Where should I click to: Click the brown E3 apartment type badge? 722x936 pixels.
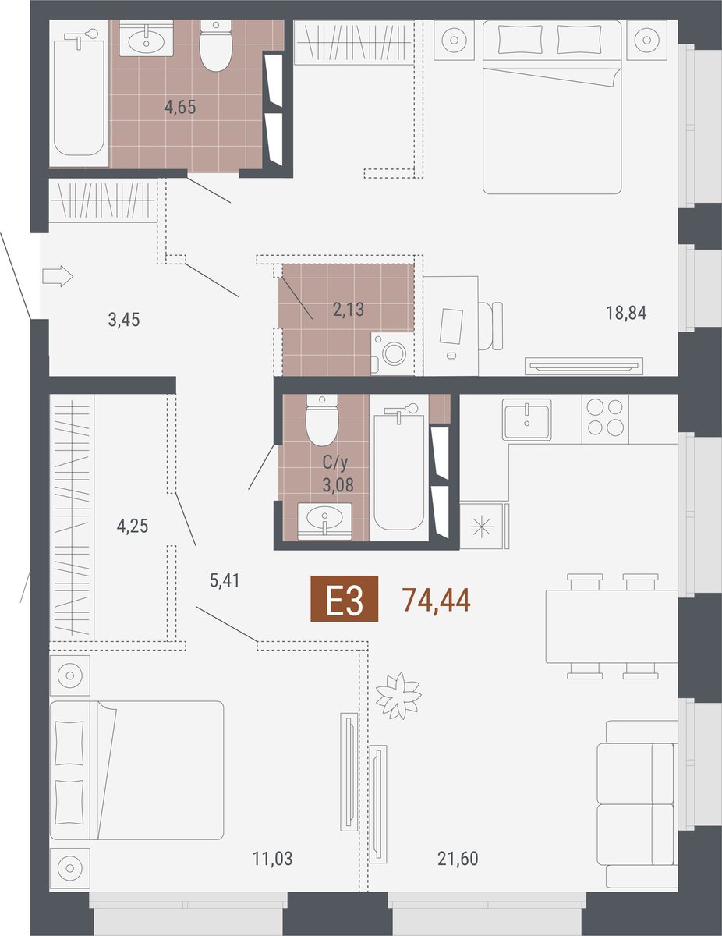coord(345,599)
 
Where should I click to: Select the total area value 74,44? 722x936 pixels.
coord(436,601)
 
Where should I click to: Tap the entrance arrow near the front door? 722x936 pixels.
coord(58,275)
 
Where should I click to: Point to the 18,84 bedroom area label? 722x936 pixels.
coord(626,313)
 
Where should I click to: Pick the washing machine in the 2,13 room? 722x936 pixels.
coord(392,353)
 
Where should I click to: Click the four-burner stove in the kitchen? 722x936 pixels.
coord(605,417)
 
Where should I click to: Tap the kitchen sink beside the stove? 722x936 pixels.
coord(527,419)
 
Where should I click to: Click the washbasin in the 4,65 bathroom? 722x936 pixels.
coord(146,38)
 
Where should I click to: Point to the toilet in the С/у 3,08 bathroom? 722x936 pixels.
coord(322,420)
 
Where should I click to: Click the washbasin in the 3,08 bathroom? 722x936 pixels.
coord(324,521)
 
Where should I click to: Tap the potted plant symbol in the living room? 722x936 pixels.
coord(398,696)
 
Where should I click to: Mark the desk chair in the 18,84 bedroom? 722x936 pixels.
coord(490,326)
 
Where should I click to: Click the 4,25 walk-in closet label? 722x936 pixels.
coord(133,526)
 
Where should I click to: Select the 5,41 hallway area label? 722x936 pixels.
coord(225,580)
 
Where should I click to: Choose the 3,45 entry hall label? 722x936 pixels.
coord(124,320)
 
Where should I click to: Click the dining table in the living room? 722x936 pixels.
coord(612,626)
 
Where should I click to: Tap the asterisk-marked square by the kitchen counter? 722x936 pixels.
coord(482,526)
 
